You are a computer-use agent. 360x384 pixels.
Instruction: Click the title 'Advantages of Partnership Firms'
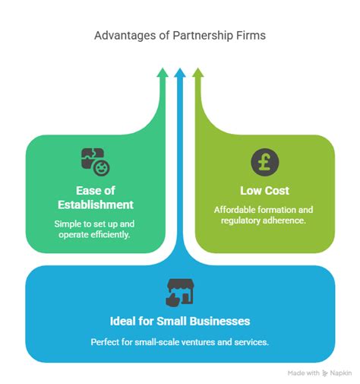point(180,35)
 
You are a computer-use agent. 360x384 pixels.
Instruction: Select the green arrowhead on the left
point(162,73)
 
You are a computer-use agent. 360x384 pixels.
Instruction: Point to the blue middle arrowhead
point(180,73)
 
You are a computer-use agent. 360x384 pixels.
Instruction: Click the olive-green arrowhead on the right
point(198,73)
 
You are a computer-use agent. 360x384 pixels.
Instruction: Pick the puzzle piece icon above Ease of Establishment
point(95,161)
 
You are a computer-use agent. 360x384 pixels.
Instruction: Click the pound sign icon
point(264,161)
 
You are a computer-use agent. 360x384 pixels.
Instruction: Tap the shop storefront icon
point(180,290)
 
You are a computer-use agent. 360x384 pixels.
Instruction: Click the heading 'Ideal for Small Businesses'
point(180,319)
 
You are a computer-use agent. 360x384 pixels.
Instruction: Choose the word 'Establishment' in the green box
point(96,205)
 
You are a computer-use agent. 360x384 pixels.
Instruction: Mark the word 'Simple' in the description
point(69,224)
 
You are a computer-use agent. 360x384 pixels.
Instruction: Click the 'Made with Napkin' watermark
point(319,373)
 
